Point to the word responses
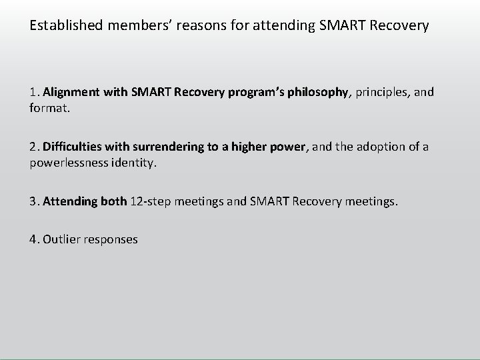111,239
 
